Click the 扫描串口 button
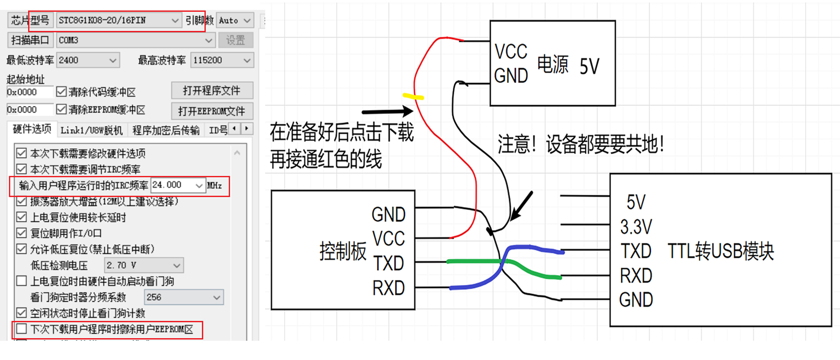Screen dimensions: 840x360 point(31,40)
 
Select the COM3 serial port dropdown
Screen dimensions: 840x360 point(136,40)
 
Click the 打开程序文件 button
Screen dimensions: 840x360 point(212,90)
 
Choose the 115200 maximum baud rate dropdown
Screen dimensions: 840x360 point(222,60)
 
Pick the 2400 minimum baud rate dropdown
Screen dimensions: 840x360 point(88,60)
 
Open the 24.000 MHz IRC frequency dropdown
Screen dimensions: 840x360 point(178,185)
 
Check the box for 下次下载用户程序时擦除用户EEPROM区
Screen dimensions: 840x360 point(21,329)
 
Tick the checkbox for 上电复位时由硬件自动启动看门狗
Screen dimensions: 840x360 point(21,281)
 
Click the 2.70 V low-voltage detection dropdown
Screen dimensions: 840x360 point(144,266)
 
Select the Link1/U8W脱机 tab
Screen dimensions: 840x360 point(91,130)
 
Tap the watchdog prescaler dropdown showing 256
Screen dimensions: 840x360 point(184,297)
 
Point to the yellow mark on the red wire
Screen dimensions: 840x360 point(413,96)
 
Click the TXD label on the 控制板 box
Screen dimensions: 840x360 point(389,263)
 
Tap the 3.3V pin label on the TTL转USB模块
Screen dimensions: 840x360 point(636,227)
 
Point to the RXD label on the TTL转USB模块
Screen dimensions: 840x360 point(636,276)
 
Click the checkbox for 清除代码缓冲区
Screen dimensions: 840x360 point(61,92)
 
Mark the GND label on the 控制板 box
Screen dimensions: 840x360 point(389,214)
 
